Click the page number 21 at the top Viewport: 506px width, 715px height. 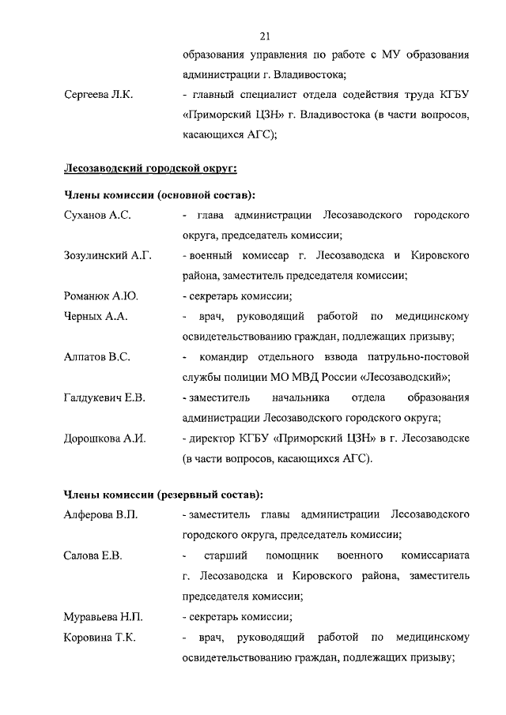click(265, 35)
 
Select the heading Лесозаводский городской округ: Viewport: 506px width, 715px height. click(150, 167)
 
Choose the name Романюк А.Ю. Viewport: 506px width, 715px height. click(100, 296)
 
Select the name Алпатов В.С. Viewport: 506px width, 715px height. click(96, 357)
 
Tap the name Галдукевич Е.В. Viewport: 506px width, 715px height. click(104, 397)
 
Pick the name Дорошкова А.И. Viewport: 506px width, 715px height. click(104, 438)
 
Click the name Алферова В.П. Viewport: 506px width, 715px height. click(100, 515)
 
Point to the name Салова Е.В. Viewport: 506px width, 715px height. click(93, 555)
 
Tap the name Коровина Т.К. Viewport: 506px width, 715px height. click(99, 636)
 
